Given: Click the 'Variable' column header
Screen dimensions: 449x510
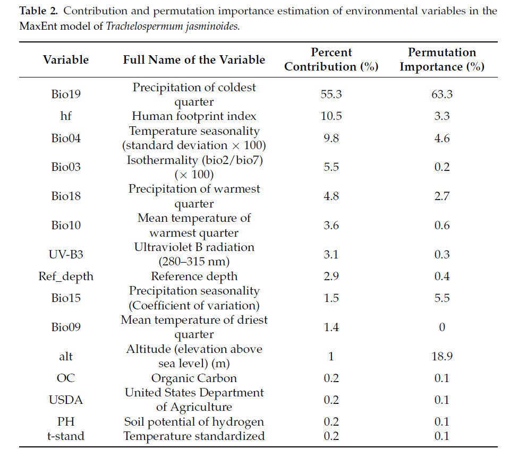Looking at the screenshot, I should click(66, 59).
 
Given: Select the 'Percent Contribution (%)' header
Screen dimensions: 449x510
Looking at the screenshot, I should click(331, 59).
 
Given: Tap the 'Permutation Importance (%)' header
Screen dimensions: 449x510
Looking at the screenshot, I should click(441, 59).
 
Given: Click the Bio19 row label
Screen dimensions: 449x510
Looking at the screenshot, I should click(66, 94).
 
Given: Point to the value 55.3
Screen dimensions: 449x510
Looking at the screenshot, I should click(331, 94).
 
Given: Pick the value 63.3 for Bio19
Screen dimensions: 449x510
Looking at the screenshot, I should click(441, 94).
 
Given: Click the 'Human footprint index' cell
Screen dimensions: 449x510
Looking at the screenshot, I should click(194, 116).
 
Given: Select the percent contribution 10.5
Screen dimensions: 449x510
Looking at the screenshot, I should click(331, 116).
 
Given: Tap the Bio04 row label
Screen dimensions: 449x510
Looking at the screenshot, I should click(66, 138).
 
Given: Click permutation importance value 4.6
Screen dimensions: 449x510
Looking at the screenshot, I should click(441, 138).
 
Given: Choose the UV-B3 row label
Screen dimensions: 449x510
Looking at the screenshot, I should click(66, 254).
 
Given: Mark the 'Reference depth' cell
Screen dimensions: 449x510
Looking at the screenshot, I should click(194, 276).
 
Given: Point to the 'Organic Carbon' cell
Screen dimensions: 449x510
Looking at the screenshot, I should click(194, 378).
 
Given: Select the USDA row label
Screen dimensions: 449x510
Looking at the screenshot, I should click(66, 400).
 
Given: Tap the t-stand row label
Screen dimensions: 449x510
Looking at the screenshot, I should click(66, 436).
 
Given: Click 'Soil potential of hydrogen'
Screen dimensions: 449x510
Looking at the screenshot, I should click(194, 422).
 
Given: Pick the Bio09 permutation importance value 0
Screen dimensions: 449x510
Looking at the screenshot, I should click(441, 327).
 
